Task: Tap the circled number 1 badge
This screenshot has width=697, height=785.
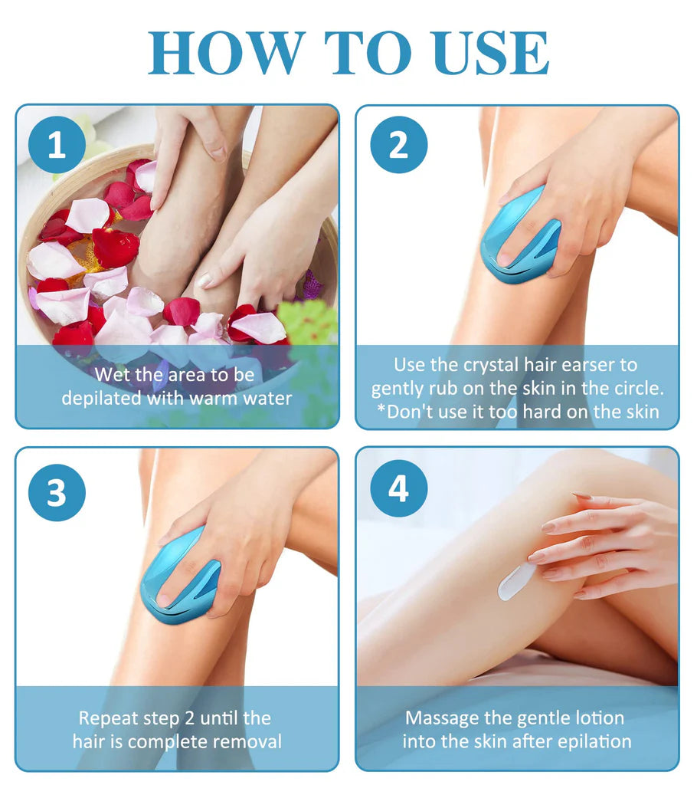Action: pos(57,145)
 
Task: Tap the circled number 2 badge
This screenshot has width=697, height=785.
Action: pos(398,145)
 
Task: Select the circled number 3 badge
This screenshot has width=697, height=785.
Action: pos(57,492)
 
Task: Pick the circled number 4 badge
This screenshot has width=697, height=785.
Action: pos(398,488)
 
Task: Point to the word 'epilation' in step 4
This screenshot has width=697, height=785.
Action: pos(594,742)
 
